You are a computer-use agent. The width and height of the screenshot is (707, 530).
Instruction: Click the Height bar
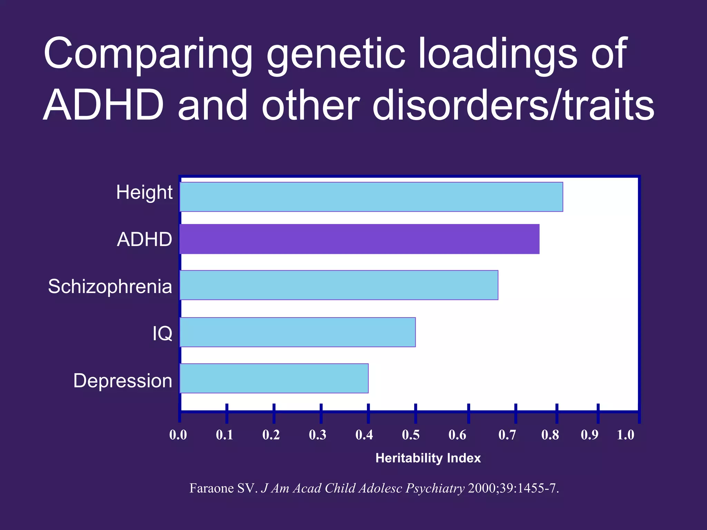pos(371,197)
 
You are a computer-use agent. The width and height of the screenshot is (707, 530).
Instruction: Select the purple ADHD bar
pos(359,239)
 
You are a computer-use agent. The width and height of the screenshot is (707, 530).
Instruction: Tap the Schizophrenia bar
pos(338,285)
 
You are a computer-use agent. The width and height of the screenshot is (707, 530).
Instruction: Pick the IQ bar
pos(297,332)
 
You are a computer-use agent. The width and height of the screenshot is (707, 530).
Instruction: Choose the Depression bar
pos(274,378)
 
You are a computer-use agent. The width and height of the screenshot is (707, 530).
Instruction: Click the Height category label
pos(144,193)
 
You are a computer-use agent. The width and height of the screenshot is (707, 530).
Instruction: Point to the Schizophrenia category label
pos(110,286)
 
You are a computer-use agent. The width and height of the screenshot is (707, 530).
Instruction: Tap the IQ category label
pos(162,334)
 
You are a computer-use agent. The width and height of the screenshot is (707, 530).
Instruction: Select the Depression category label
pos(123,381)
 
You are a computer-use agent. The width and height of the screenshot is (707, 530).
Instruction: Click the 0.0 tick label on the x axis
pos(178,435)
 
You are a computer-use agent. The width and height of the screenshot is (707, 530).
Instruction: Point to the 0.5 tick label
pos(411,435)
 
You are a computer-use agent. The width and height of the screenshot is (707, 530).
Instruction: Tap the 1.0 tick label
pos(626,435)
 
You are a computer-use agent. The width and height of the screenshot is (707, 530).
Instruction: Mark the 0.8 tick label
pos(550,435)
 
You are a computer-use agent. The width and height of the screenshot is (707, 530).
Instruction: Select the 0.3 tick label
pos(318,435)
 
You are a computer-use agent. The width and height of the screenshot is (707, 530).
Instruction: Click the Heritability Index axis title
pos(428,458)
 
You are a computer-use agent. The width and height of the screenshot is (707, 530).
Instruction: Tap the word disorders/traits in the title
pos(513,105)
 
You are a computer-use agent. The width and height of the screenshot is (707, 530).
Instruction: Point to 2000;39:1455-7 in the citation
pos(513,488)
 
